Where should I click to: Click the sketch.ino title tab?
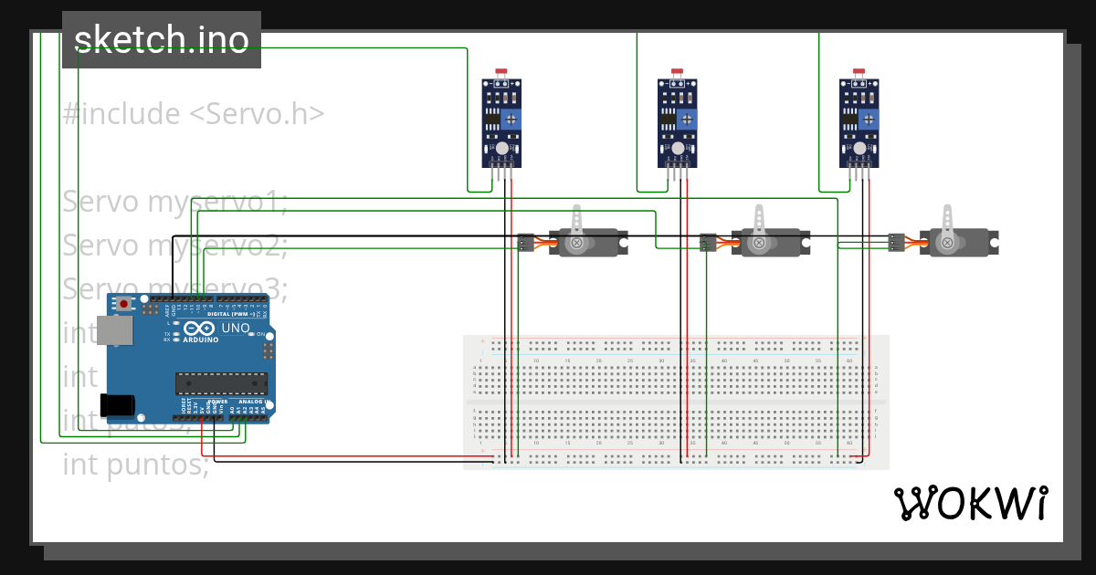161,40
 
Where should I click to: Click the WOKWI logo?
970,503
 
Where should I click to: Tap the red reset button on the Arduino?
123,303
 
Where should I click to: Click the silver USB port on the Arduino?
117,331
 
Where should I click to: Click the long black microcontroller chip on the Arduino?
222,385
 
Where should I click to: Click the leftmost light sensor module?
501,123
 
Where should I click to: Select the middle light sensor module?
678,123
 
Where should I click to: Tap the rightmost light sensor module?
859,123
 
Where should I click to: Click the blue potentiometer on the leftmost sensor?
512,119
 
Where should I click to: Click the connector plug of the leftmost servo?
527,243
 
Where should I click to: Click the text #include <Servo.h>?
194,114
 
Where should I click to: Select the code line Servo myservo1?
175,202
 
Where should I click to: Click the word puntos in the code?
156,465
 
